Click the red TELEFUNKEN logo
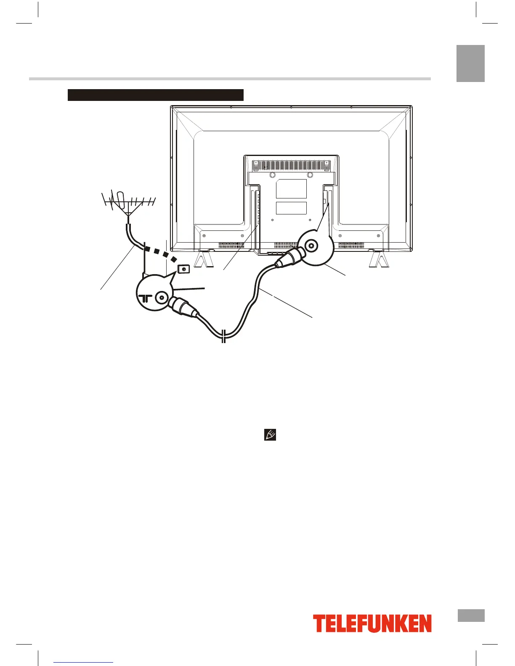372,623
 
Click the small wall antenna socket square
183,269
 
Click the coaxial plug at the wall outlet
183,309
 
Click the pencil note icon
270,435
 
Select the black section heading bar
156,95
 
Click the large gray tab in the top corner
470,63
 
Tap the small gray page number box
470,615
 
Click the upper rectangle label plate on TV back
291,189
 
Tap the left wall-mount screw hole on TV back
272,174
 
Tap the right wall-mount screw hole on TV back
310,174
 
